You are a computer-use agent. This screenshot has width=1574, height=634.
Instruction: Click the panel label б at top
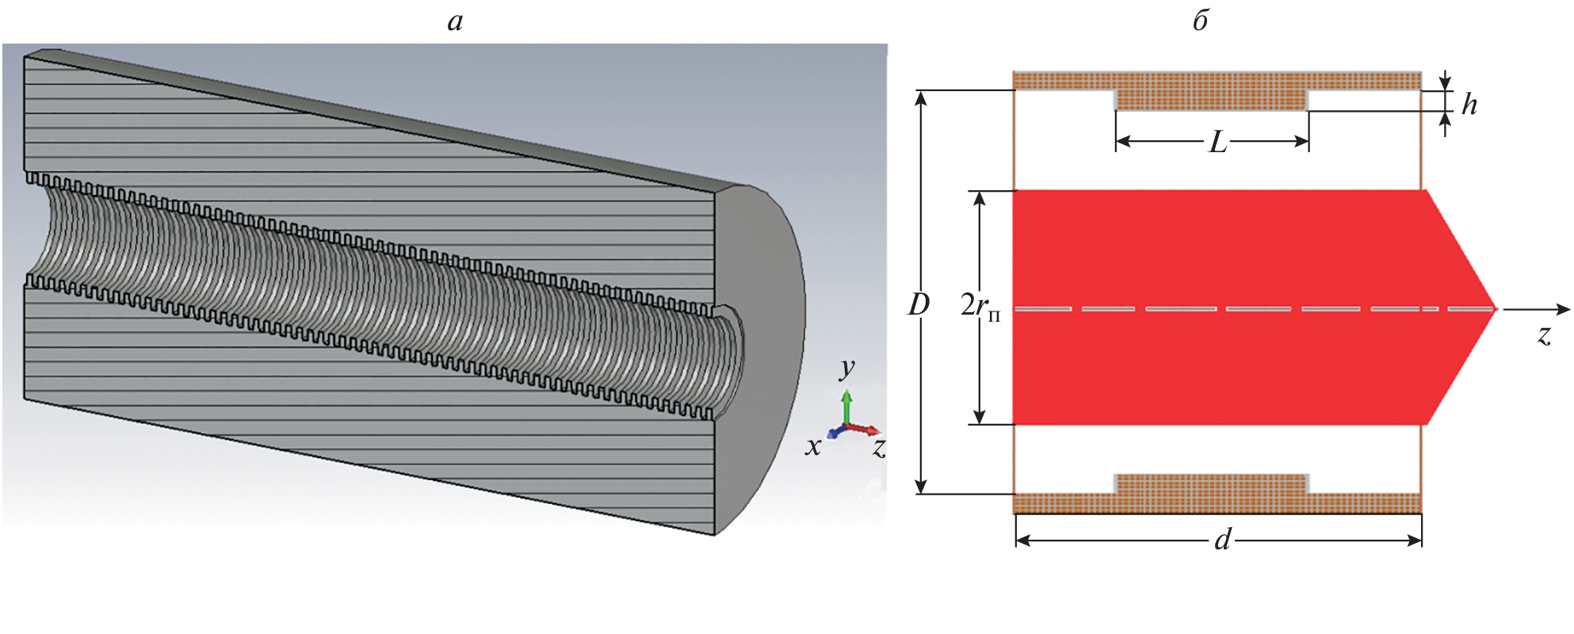pyautogui.click(x=1200, y=21)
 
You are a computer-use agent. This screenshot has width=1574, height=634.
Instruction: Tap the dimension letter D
pyautogui.click(x=919, y=304)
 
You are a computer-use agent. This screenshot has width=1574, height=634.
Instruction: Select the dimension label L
pyautogui.click(x=1217, y=143)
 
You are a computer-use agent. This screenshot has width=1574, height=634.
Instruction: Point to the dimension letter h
pyautogui.click(x=1469, y=105)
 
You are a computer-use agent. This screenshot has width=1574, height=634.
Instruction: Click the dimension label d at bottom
pyautogui.click(x=1223, y=540)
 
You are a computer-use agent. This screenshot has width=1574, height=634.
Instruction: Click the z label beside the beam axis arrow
pyautogui.click(x=1544, y=335)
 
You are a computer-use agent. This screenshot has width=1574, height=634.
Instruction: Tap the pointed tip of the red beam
pyautogui.click(x=1494, y=308)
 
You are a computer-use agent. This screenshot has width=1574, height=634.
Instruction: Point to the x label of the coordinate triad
pyautogui.click(x=812, y=447)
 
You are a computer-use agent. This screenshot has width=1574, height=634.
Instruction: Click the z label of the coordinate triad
pyautogui.click(x=878, y=448)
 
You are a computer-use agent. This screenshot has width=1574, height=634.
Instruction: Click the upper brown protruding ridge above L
pyautogui.click(x=1211, y=100)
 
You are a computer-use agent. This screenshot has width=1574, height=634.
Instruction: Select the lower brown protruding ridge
pyautogui.click(x=1211, y=483)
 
